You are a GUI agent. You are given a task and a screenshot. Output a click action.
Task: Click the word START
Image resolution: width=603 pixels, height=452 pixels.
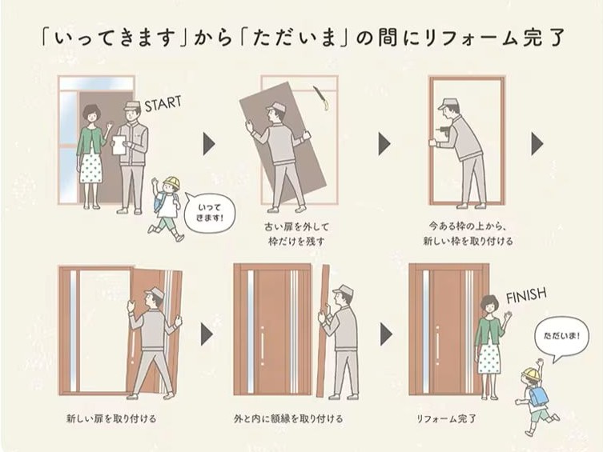click(x=163, y=102)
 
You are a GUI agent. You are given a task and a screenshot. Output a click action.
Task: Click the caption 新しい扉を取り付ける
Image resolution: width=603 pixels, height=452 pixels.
click(x=111, y=418)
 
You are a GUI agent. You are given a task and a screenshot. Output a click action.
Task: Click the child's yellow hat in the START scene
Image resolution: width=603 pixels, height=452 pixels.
click(x=171, y=183)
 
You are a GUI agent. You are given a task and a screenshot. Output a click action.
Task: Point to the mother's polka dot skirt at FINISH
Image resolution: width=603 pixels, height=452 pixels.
click(x=489, y=360)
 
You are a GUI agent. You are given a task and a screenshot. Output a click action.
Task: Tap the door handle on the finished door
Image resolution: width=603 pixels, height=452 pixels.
click(x=437, y=346)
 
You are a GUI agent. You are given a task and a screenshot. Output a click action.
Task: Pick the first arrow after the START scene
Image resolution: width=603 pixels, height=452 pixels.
click(x=209, y=144)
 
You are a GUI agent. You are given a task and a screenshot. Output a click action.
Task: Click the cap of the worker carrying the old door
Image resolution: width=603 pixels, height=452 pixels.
click(x=275, y=107)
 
